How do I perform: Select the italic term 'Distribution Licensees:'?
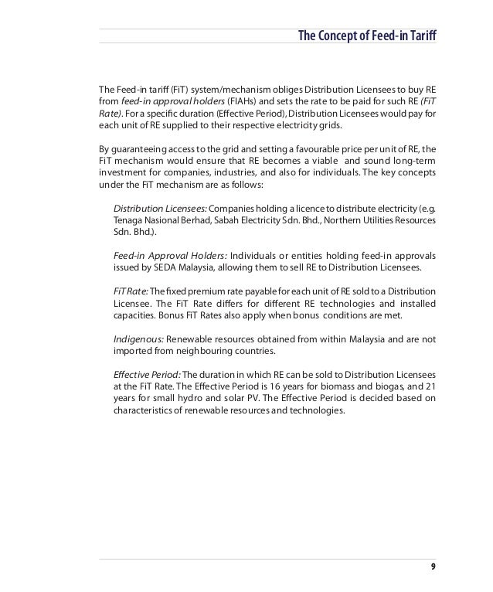[160, 209]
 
